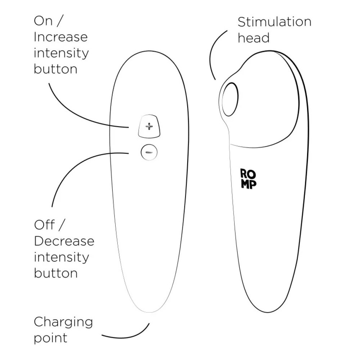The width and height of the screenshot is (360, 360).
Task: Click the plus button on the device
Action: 149,126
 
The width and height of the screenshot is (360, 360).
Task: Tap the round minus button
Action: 149,152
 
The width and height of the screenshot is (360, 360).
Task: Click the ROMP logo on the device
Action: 248,179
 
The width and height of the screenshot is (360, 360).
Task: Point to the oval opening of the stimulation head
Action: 230,99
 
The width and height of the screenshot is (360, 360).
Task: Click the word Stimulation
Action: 275,22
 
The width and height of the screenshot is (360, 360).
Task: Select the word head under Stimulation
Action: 253,38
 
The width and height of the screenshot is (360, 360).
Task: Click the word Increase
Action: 60,37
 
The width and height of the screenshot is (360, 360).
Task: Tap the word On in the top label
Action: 43,21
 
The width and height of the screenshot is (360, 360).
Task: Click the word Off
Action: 45,225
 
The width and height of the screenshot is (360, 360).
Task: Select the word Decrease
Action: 64,241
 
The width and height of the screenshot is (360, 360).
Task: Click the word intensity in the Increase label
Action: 61,54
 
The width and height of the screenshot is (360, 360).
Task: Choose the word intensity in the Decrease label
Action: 61,258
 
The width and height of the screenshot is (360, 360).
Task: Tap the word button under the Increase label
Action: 55,69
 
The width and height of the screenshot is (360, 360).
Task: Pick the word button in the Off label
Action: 56,273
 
